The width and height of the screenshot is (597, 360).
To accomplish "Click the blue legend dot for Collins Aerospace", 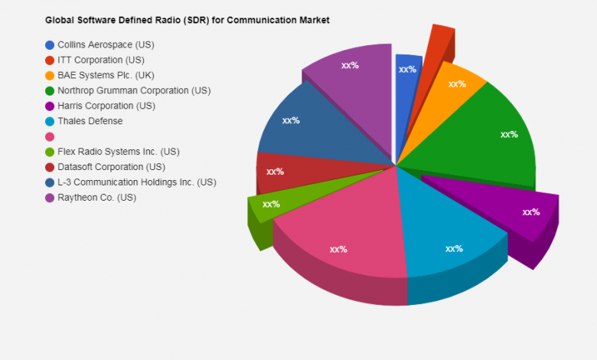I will [50, 44].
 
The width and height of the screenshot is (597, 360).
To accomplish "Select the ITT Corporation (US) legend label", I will [100, 60].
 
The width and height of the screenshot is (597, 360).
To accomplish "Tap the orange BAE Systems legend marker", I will [50, 75].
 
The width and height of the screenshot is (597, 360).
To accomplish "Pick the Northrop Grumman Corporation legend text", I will [134, 90].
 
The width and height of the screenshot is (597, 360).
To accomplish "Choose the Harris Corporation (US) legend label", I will [106, 106].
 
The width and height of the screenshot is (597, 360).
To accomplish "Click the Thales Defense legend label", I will [90, 121].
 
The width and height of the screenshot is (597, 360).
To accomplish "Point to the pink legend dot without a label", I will [50, 136].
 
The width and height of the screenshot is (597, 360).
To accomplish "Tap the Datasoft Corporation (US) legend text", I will [111, 167].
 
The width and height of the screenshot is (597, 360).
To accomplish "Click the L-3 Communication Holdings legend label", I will [136, 182].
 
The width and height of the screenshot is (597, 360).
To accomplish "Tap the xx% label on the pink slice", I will [338, 249].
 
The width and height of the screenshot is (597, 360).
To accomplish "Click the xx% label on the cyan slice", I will [454, 249].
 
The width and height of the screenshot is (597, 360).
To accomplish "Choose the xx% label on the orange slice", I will [457, 83].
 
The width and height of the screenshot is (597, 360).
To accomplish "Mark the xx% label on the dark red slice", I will [275, 172].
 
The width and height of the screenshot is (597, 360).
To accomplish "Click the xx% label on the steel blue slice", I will [291, 120].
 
